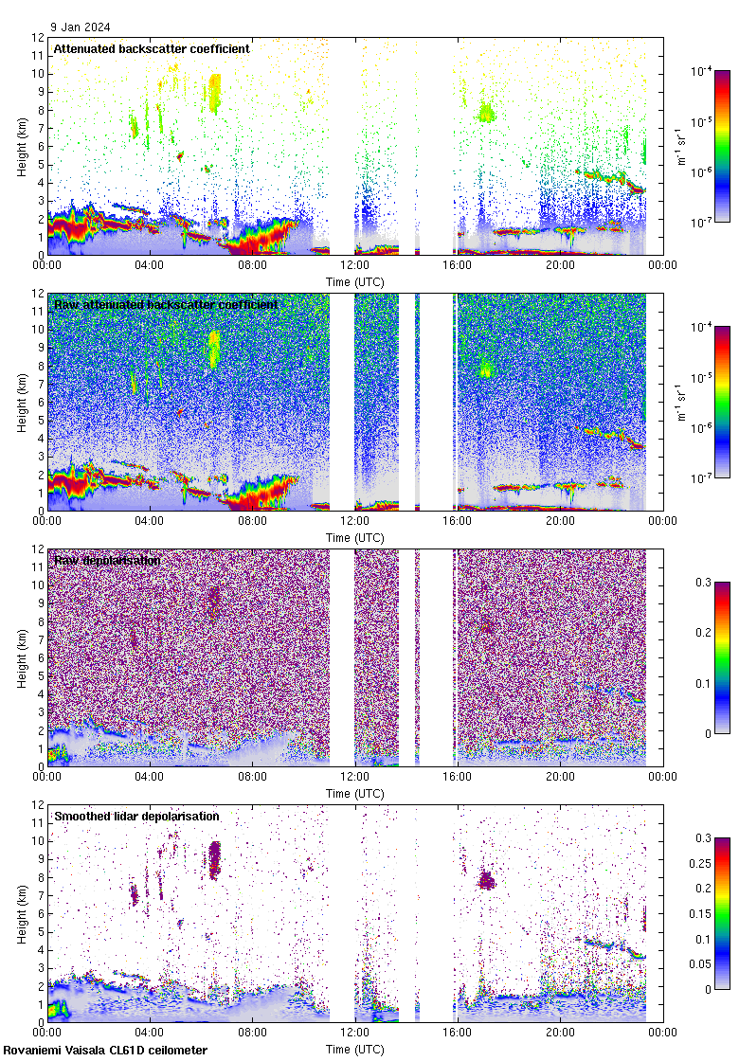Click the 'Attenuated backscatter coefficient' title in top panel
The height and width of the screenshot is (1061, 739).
[x=152, y=48]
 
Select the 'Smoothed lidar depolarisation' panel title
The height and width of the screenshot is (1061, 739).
[x=136, y=816]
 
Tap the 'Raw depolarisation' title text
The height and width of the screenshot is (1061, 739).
[x=107, y=561]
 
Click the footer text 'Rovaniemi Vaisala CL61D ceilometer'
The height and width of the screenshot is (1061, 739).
[x=104, y=1050]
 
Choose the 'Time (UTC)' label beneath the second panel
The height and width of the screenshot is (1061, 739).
[x=354, y=537]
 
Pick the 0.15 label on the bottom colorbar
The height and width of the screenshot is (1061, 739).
[x=706, y=913]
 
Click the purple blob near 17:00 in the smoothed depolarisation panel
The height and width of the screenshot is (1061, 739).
[x=486, y=880]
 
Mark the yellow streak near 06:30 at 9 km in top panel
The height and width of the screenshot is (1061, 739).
[x=215, y=93]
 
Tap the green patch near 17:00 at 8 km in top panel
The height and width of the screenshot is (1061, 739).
[x=486, y=114]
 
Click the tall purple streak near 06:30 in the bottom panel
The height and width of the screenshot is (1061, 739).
[x=214, y=859]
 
